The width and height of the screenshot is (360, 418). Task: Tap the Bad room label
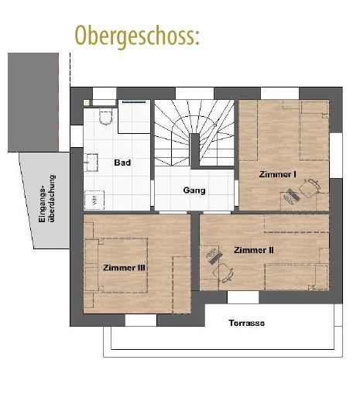[122, 163]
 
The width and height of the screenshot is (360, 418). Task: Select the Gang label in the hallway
[194, 190]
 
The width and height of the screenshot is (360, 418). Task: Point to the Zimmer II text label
[254, 250]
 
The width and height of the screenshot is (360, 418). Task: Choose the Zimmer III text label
[125, 268]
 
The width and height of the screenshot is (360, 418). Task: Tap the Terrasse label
[246, 323]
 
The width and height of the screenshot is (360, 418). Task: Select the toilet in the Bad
[107, 116]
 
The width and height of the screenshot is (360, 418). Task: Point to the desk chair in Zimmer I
[311, 187]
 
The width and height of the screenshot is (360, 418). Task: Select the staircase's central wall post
[195, 149]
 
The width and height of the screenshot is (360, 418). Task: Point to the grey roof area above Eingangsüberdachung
[33, 101]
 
